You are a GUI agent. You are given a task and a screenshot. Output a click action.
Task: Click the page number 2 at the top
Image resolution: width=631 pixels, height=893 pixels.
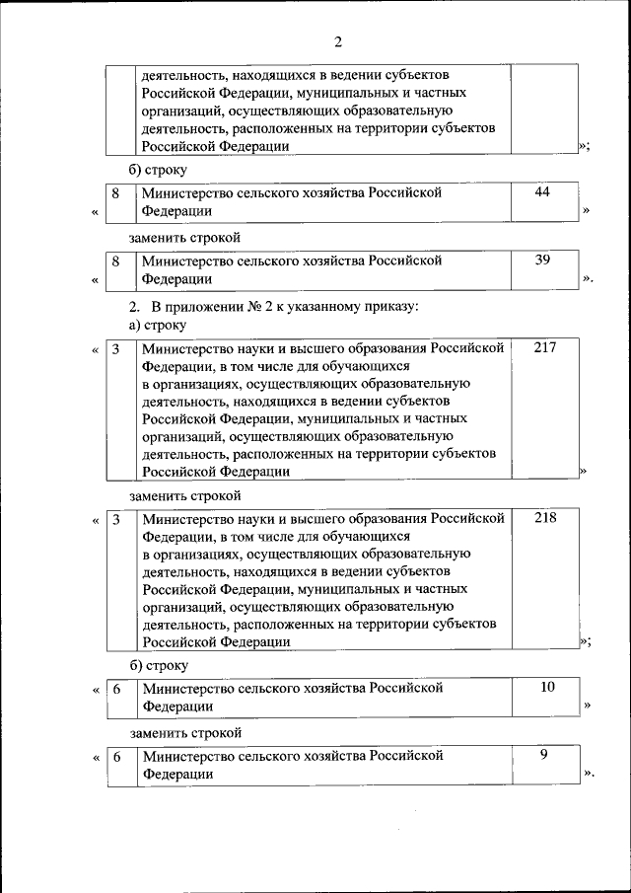coord(337,41)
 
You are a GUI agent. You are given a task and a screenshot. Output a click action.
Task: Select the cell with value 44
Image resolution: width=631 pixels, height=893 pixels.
coord(542,192)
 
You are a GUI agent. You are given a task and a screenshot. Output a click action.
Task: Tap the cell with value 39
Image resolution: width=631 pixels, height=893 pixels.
coord(542,260)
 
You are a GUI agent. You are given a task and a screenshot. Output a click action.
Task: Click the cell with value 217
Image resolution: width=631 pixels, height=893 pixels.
coord(544,348)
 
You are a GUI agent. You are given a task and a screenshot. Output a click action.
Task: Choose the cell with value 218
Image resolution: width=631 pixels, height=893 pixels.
coord(544,517)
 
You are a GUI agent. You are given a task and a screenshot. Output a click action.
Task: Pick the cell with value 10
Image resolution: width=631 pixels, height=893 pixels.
coord(547,686)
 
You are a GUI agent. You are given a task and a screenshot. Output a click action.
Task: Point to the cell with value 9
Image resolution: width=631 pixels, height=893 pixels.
coord(544,755)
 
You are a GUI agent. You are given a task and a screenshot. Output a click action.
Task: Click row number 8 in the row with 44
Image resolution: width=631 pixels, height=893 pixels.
coord(115,193)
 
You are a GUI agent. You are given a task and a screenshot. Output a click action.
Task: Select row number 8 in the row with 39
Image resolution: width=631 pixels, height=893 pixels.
coord(115,261)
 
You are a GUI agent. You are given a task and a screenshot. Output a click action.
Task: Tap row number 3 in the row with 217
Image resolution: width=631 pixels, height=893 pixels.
coord(115,349)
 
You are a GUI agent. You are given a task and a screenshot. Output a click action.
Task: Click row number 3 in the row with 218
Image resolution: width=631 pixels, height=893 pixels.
coord(115,518)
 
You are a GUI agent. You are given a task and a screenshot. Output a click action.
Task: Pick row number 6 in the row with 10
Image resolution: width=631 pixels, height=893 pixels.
coord(115,687)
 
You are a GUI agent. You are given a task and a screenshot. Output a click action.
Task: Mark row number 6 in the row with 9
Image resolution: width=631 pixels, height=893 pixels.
coord(115,756)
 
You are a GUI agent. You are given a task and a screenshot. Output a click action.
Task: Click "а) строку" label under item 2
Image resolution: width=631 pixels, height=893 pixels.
coord(158,325)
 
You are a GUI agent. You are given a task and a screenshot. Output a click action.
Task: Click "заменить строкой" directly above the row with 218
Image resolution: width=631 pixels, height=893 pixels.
coord(185,495)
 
